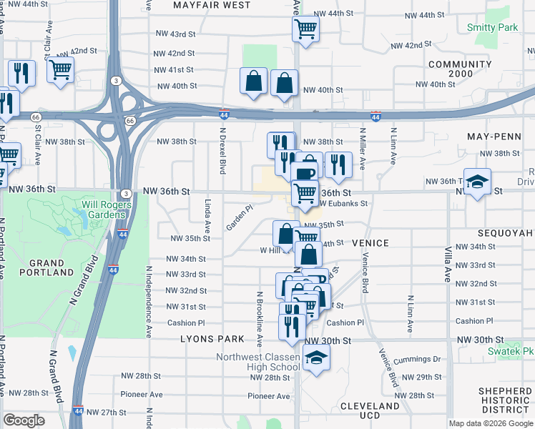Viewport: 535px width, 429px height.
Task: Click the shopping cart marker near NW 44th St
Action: [305, 29]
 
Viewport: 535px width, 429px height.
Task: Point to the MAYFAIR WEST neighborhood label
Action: [212, 5]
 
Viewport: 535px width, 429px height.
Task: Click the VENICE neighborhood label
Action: [370, 243]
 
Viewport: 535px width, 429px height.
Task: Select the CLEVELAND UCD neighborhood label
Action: [369, 410]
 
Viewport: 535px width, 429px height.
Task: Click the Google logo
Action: [24, 420]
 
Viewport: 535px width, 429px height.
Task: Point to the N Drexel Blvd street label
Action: [222, 152]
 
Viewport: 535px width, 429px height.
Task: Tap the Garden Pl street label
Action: [240, 218]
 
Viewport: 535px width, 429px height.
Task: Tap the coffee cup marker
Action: [305, 174]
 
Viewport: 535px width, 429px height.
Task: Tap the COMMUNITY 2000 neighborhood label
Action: [450, 69]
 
